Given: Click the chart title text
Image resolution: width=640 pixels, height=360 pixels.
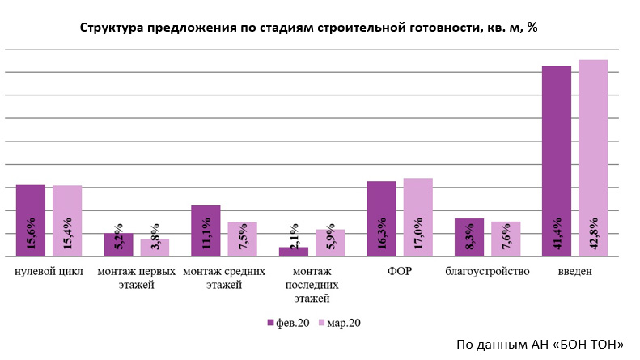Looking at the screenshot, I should point(308,28).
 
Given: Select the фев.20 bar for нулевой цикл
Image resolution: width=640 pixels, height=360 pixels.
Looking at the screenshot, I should point(31,221).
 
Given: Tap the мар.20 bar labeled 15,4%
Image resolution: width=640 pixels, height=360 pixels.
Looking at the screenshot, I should point(67,221).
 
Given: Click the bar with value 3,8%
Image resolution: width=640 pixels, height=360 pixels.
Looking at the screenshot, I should point(155,248).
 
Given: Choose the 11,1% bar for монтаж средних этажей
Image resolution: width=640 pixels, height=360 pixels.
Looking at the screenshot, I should point(206,231).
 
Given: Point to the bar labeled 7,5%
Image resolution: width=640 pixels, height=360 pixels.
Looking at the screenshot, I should point(242,239).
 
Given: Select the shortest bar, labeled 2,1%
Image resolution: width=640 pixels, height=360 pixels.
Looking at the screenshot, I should point(293,252).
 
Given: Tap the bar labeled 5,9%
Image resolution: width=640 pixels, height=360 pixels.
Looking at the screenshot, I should point(329,244).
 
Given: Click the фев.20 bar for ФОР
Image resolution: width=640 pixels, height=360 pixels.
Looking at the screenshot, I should point(381,219).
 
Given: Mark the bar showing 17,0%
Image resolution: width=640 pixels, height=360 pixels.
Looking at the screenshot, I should point(417,218).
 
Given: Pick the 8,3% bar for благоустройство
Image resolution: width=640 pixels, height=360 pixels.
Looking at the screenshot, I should point(468,238).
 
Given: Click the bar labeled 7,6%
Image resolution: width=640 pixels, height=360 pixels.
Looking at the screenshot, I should point(505,239).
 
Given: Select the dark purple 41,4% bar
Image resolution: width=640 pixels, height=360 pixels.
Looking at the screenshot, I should point(556,161).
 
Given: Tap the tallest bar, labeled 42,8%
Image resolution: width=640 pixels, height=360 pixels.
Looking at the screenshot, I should point(593,159).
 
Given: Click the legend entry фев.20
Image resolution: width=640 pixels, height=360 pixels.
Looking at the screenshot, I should point(286,323).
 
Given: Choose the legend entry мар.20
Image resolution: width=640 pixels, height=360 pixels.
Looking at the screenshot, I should point(340,323).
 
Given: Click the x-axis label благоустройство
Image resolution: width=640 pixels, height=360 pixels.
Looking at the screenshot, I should point(487,271).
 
